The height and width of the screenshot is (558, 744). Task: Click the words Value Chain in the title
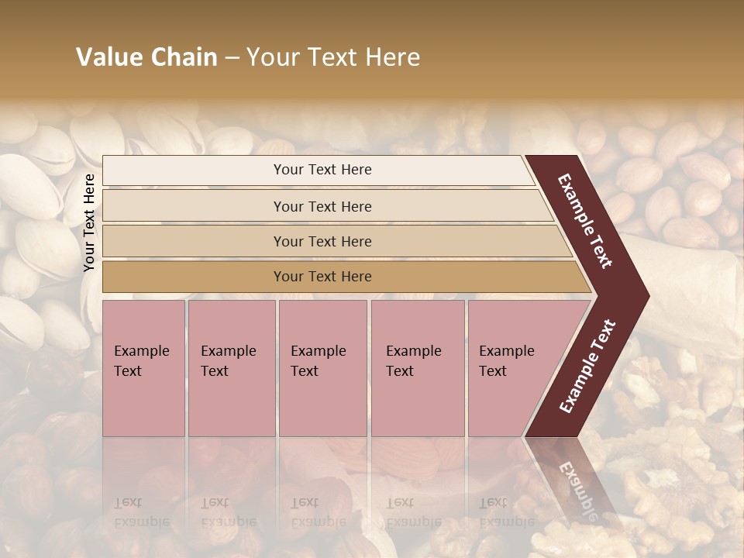146,57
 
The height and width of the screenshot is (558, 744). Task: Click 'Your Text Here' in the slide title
333,57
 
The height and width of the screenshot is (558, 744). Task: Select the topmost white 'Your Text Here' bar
322,170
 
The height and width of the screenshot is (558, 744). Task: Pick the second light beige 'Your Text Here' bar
322,206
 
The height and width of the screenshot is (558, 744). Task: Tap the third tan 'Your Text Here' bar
322,241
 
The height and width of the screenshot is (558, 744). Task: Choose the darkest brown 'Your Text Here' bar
322,277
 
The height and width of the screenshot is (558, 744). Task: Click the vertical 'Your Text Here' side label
89,222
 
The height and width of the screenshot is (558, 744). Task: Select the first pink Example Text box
143,369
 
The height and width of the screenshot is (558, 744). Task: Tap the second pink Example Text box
231,369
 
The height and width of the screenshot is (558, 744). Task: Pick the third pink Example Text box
322,369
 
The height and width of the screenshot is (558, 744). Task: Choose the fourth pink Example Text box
417,369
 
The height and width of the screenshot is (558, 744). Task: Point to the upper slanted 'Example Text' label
586,221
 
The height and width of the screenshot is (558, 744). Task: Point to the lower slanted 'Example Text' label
587,366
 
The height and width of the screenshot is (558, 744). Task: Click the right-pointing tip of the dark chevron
646,296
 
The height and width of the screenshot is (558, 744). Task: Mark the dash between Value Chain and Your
232,57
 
